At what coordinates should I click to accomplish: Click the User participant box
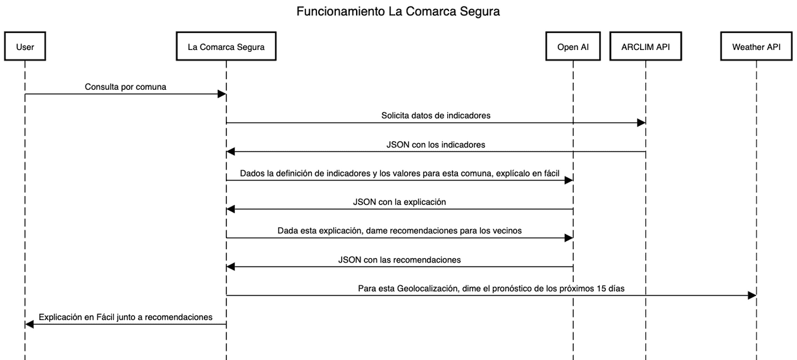pyautogui.click(x=25, y=46)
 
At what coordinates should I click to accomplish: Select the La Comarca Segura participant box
pyautogui.click(x=226, y=46)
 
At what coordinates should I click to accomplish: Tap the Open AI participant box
pyautogui.click(x=573, y=46)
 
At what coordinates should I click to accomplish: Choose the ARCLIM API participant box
pyautogui.click(x=646, y=46)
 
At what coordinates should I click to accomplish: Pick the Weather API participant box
pyautogui.click(x=756, y=46)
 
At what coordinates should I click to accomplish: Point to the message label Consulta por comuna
pyautogui.click(x=125, y=87)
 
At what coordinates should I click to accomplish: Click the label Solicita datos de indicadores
pyautogui.click(x=436, y=115)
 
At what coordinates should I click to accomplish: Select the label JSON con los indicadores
pyautogui.click(x=436, y=144)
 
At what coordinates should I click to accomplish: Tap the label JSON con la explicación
pyautogui.click(x=399, y=202)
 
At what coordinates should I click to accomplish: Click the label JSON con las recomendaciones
pyautogui.click(x=399, y=259)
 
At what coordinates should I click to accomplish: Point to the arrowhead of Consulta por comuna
pyautogui.click(x=222, y=94)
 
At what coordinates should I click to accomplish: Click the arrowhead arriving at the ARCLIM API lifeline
pyautogui.click(x=641, y=123)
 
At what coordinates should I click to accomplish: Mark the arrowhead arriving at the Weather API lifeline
pyautogui.click(x=751, y=295)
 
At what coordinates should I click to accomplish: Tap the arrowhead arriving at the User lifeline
pyautogui.click(x=29, y=324)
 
